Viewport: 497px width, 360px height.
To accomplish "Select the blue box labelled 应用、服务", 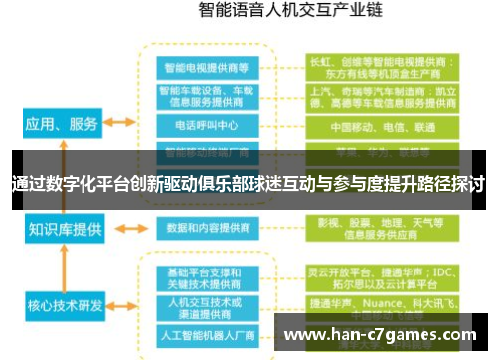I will click(x=61, y=124).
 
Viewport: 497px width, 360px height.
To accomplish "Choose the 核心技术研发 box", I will click(x=63, y=304).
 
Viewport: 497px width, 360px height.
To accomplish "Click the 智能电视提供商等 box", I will click(x=208, y=68).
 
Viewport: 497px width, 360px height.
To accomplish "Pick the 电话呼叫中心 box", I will click(x=208, y=127).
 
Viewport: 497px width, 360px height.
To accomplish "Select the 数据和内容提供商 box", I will click(x=208, y=227).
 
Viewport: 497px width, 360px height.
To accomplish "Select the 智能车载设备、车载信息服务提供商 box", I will click(x=208, y=96).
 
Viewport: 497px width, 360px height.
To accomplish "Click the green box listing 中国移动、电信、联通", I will click(x=382, y=127).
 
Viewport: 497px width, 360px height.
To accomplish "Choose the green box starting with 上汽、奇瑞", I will click(x=382, y=96).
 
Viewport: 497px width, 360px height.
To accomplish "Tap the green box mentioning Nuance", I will click(x=382, y=303).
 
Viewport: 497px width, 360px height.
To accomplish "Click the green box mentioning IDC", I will click(x=382, y=275).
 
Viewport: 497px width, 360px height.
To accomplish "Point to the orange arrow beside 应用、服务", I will click(x=120, y=124).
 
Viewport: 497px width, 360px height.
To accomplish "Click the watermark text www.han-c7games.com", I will click(x=382, y=335).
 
